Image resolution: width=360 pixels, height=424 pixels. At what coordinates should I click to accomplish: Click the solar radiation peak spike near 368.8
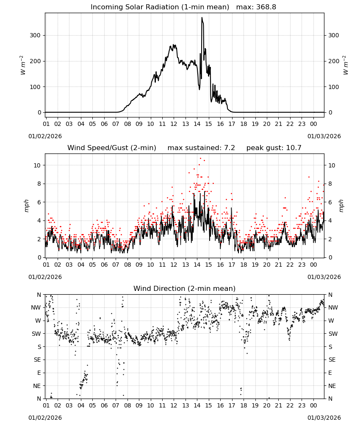[x=202, y=18]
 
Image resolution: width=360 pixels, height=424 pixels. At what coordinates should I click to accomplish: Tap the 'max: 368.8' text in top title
[x=256, y=7]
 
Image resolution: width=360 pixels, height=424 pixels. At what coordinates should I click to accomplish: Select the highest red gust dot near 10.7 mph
[x=200, y=159]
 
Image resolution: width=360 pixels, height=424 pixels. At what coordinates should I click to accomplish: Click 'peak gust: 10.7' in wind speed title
[x=274, y=148]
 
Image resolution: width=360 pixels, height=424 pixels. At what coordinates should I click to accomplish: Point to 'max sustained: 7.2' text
[x=201, y=148]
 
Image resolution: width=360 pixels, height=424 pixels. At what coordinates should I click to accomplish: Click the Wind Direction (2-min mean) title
[x=185, y=289]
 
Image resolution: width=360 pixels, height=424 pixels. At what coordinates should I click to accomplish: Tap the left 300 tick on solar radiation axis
[x=36, y=36]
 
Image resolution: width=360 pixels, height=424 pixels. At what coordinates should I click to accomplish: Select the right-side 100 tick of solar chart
[x=334, y=87]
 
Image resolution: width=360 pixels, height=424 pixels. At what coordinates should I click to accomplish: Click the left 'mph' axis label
[x=26, y=206]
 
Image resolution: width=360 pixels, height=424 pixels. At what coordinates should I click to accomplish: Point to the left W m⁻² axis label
[x=23, y=65]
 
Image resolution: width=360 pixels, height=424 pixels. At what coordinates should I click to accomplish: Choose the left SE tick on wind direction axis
[x=37, y=360]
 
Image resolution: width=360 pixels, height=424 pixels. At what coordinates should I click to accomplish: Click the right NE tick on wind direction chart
[x=332, y=386]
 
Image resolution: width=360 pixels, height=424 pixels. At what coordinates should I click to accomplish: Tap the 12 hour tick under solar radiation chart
[x=174, y=124]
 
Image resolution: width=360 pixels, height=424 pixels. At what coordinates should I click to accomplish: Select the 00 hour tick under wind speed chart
[x=313, y=265]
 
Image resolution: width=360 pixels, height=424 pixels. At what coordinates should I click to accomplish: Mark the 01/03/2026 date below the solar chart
[x=324, y=137]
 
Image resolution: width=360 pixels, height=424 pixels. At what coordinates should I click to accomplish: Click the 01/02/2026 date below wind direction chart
[x=45, y=418]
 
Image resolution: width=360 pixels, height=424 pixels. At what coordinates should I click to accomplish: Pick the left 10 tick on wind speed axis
[x=37, y=165]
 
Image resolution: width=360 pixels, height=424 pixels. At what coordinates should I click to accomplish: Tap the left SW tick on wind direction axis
[x=36, y=334]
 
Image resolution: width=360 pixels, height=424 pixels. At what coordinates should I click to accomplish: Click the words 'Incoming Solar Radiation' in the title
[x=135, y=7]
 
